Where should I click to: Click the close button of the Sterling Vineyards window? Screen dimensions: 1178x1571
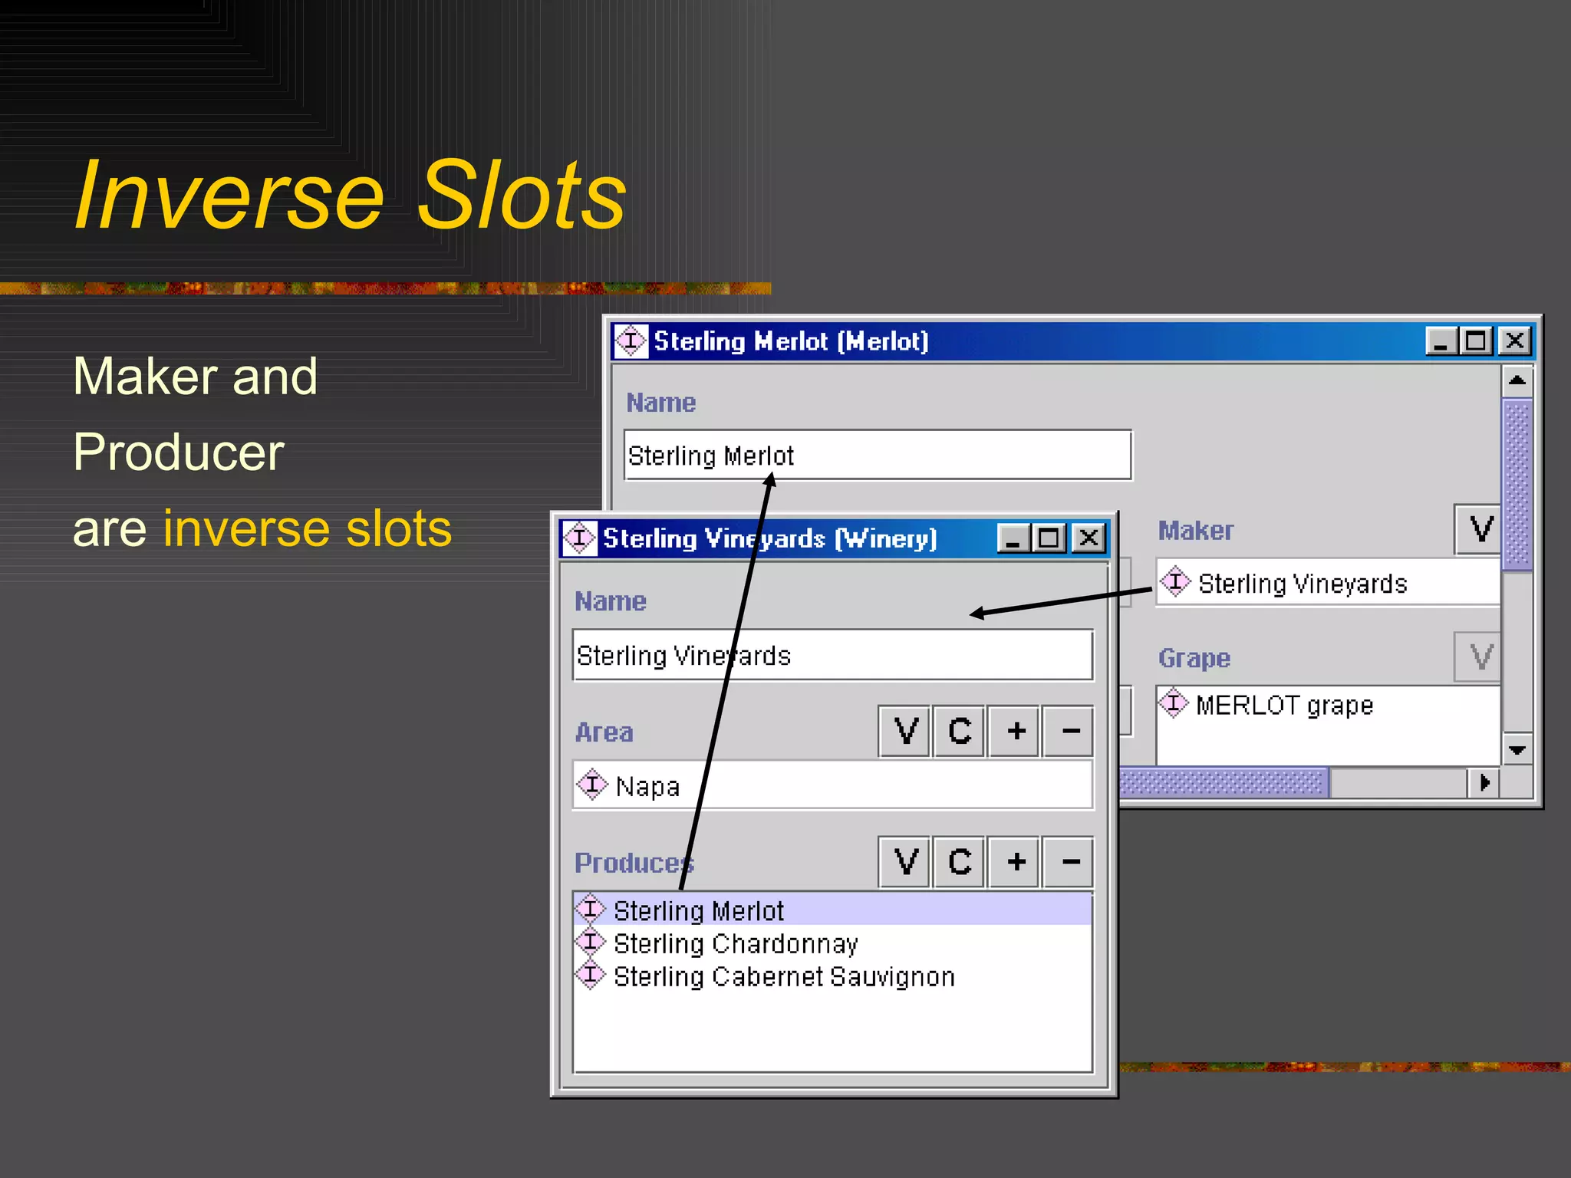(x=1089, y=538)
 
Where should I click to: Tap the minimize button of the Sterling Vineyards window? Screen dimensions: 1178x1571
(x=1013, y=538)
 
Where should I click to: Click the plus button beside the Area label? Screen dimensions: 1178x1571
(x=1016, y=732)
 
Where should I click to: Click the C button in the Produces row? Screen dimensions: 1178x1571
(x=959, y=862)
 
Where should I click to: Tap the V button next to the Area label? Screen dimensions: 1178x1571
(x=905, y=732)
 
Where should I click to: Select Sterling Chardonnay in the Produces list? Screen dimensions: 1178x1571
(x=735, y=943)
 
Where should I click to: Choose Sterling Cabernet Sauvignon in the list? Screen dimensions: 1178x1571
(x=783, y=977)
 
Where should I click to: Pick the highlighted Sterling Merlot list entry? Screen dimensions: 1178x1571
(x=698, y=910)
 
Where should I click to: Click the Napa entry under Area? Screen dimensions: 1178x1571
(x=647, y=786)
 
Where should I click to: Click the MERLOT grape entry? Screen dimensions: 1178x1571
(x=1284, y=705)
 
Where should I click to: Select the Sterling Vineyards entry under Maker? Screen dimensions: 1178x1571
(x=1302, y=584)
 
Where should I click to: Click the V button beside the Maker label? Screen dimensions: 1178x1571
(x=1480, y=529)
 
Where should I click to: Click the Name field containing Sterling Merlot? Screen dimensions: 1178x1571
(x=878, y=456)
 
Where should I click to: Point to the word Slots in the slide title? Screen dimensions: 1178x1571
(x=522, y=196)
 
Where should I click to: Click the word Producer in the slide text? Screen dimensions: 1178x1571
(x=179, y=452)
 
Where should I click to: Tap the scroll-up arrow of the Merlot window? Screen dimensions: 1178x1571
(x=1517, y=380)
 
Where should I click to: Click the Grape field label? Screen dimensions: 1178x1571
(x=1194, y=658)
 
